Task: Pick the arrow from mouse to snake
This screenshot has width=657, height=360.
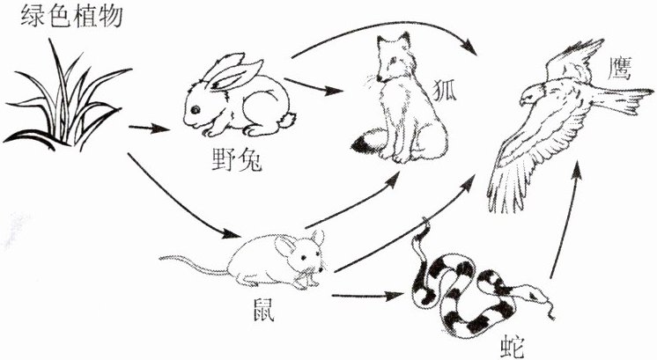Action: point(370,296)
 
